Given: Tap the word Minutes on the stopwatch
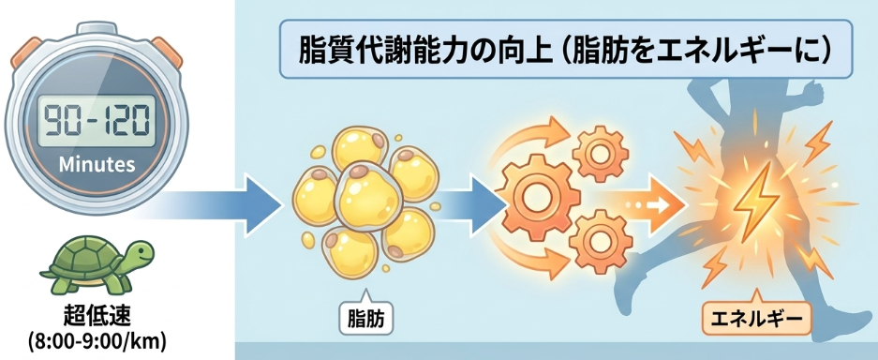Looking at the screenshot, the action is click(97, 165).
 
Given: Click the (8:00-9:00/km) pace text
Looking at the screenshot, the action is click(97, 340).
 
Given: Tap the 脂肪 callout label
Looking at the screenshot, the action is click(366, 318).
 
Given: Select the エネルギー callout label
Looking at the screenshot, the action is click(756, 321).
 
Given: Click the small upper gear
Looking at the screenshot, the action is click(601, 155).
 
